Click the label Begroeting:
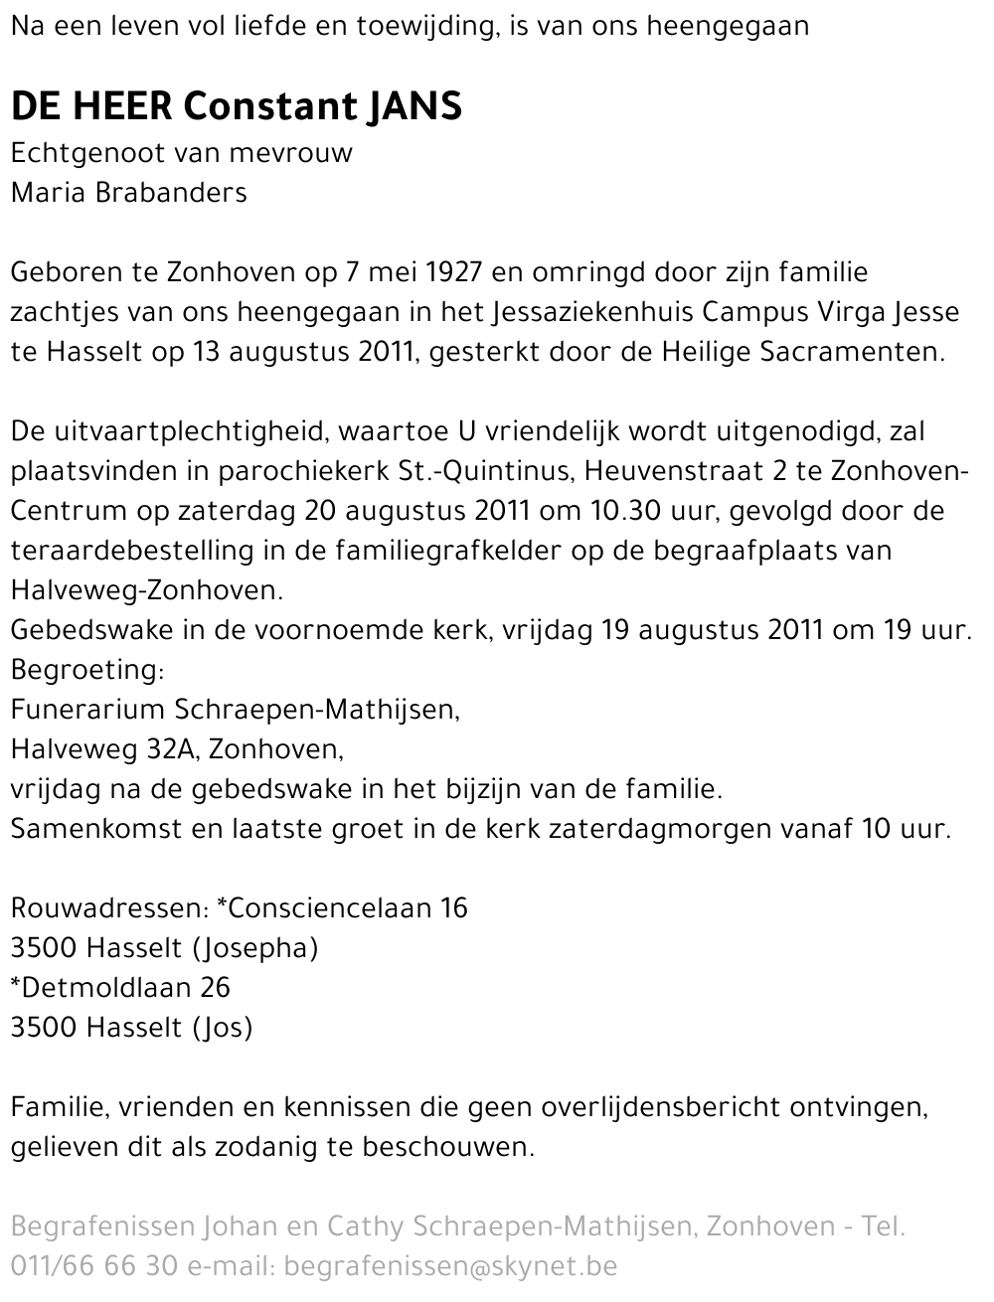(x=86, y=671)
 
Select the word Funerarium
(x=88, y=710)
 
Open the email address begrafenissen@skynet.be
(x=450, y=1267)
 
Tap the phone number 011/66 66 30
(x=93, y=1267)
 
